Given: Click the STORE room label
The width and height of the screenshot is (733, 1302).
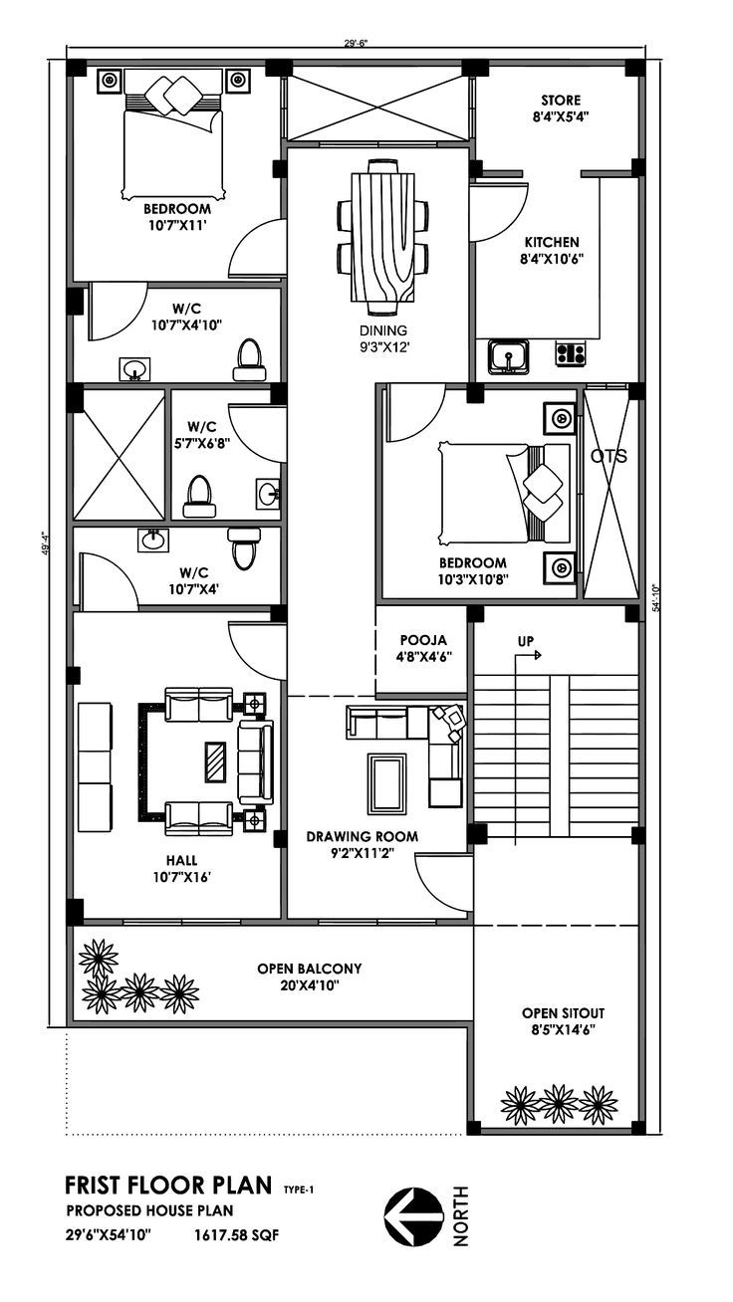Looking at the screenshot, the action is (x=561, y=100).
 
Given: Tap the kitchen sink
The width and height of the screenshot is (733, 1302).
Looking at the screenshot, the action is (x=508, y=355).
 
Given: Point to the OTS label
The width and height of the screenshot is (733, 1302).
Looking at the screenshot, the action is (x=609, y=456).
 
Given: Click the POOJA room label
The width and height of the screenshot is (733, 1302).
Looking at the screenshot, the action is (x=423, y=640).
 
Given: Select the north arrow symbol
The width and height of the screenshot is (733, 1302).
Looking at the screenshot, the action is (x=410, y=1215).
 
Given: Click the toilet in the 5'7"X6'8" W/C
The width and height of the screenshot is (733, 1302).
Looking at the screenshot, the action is (x=199, y=497).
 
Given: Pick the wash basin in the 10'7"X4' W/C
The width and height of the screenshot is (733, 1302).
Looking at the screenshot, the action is (x=153, y=540).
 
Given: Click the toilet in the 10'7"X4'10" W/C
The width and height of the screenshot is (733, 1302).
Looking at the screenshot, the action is (x=250, y=359).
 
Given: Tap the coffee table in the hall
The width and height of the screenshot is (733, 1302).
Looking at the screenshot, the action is (x=215, y=762).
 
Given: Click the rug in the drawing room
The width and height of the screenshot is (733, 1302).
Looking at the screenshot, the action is (x=386, y=784).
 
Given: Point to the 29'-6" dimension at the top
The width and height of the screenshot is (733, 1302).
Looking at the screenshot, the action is (x=356, y=43).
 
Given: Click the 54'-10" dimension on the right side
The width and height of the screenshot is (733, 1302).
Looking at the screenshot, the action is (x=656, y=597).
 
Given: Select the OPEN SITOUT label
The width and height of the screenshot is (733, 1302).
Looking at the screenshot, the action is (x=563, y=1013).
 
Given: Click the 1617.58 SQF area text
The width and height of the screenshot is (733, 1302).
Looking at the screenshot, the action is (x=237, y=1234).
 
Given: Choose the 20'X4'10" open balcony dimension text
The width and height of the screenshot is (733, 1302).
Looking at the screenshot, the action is (x=310, y=985).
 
